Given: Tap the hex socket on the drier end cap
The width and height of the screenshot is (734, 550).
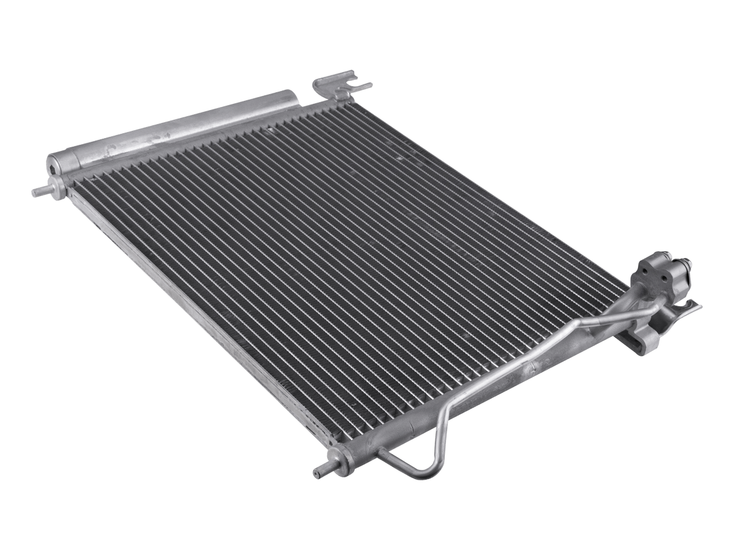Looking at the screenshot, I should pos(57,164).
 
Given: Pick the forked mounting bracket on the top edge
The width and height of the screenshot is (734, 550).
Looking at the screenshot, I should pos(333,86).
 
